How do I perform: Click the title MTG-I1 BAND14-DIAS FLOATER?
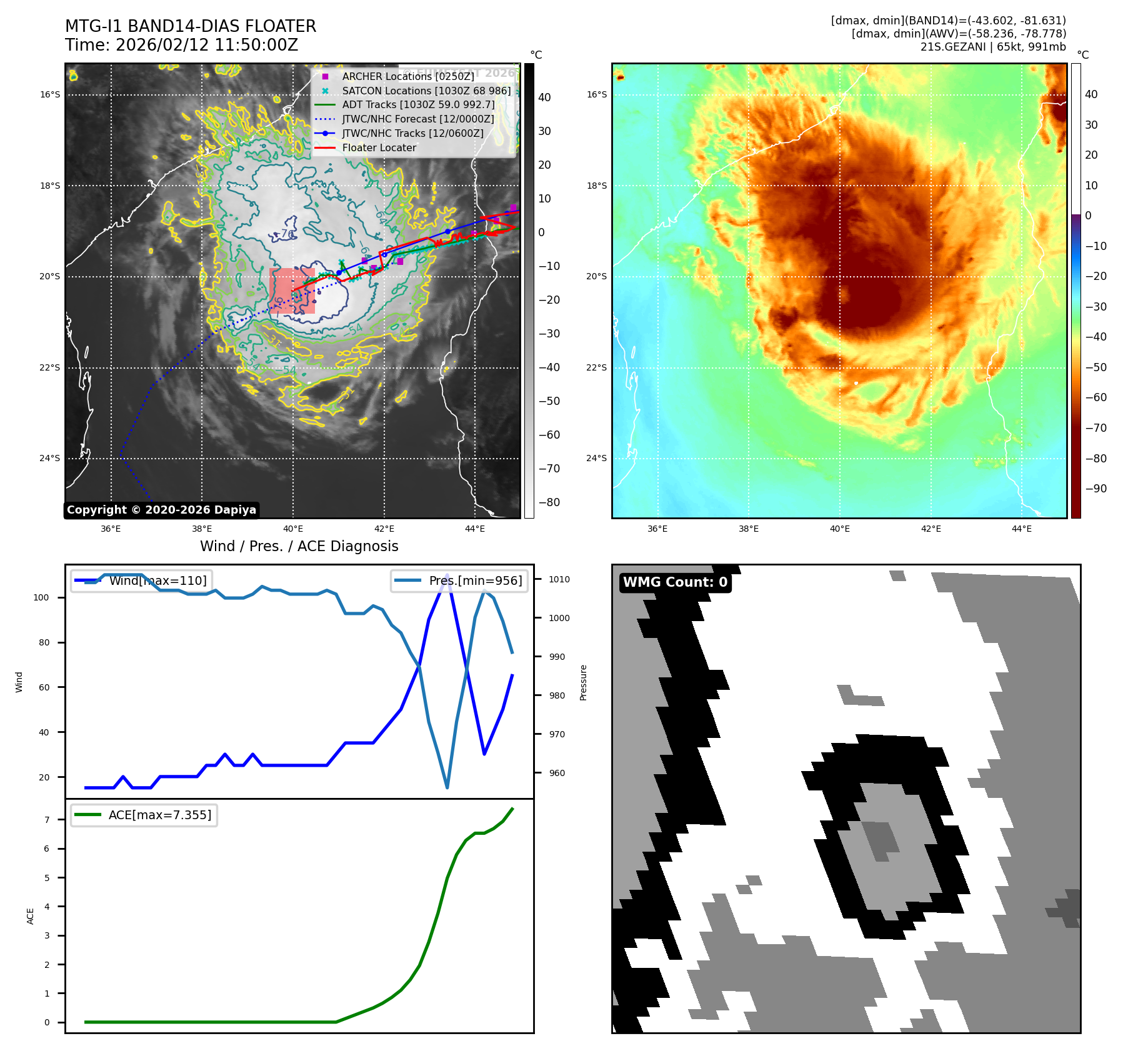point(191,26)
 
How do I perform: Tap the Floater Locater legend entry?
point(379,147)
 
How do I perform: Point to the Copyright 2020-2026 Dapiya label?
point(161,510)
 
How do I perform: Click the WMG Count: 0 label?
point(675,582)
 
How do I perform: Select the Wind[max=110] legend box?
point(141,580)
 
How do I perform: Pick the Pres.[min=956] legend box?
point(459,580)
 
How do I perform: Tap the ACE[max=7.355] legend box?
point(144,815)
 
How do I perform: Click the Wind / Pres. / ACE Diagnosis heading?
point(299,546)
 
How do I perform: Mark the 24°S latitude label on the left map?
point(50,458)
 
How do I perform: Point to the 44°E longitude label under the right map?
point(1022,529)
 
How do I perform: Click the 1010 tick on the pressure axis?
point(559,579)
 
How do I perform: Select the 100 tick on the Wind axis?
point(41,597)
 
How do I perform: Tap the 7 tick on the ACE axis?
point(47,820)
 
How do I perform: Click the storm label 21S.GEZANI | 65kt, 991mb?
point(993,47)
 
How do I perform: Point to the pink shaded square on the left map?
point(292,291)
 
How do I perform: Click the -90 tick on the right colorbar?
point(1096,489)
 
